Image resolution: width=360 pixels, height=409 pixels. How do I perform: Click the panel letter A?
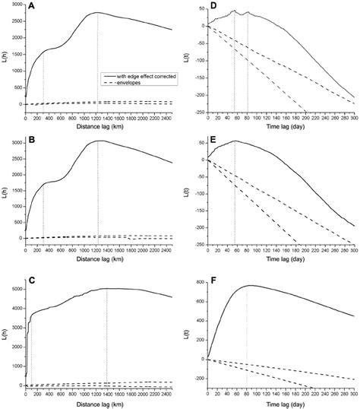point(32,8)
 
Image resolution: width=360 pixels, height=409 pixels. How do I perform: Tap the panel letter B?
point(32,143)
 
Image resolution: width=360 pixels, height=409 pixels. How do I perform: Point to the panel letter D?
point(214,7)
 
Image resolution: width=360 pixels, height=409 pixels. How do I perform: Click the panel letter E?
point(214,143)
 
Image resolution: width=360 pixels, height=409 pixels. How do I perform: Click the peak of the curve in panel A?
point(97,13)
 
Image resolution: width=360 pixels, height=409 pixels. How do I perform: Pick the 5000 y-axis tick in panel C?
point(15,290)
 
